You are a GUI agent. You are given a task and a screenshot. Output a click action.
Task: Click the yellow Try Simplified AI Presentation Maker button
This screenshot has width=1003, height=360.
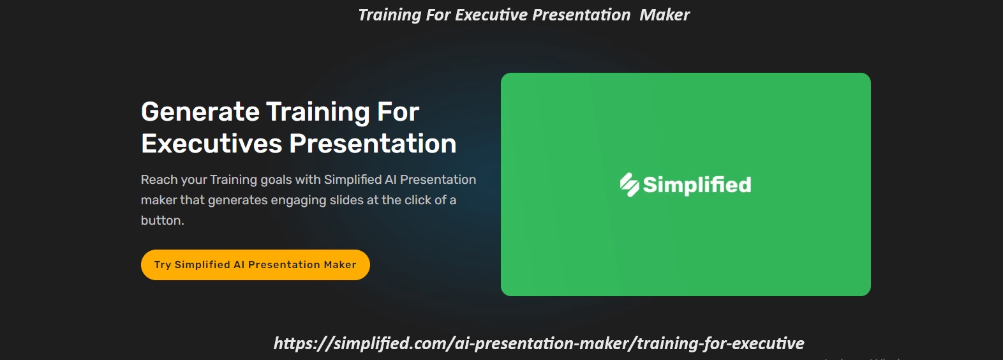255,265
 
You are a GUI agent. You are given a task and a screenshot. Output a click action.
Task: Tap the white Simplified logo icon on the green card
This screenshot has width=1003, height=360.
629,184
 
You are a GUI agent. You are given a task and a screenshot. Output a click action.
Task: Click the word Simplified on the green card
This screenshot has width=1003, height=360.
697,184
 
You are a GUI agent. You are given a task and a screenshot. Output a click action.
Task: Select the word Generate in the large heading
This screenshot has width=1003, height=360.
200,112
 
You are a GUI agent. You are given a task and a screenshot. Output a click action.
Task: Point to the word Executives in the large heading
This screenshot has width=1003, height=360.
211,144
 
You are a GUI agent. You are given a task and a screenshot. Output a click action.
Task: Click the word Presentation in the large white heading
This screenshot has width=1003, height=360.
373,144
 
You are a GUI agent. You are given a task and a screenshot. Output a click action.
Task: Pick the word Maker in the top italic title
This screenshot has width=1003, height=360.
664,15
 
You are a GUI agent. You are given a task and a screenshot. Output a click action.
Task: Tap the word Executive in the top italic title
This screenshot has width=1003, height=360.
491,15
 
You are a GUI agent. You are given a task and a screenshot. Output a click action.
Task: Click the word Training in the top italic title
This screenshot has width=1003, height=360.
389,15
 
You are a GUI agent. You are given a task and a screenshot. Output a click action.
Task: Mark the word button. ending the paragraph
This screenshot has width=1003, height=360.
162,221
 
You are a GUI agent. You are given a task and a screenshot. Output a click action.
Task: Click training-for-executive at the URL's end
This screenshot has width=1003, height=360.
720,343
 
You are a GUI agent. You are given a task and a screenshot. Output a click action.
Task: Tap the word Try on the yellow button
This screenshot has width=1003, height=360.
162,265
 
